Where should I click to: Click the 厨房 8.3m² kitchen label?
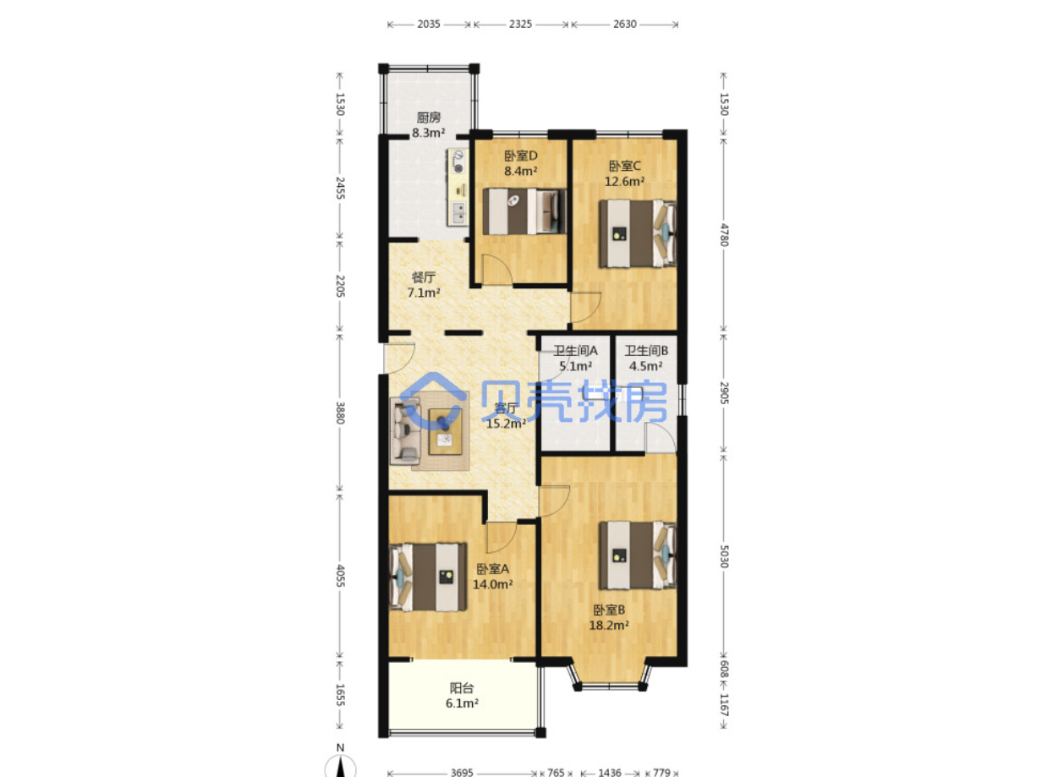(x=429, y=125)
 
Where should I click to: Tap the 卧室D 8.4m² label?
(x=521, y=163)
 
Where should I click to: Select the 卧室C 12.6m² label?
(x=625, y=174)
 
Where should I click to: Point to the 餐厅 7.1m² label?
(x=424, y=285)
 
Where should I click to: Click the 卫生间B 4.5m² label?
(x=646, y=358)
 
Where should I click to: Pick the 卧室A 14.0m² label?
(x=492, y=577)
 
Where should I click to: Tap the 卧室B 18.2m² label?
(x=609, y=617)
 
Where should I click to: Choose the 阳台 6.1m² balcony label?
(x=462, y=695)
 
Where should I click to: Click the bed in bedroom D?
(x=524, y=211)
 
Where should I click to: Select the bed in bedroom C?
(x=638, y=233)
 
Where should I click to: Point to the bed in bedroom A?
(x=427, y=577)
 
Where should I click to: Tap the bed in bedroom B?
(x=638, y=555)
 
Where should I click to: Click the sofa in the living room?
(x=405, y=430)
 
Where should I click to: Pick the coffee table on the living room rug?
(x=445, y=431)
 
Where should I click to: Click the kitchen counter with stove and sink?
(x=458, y=187)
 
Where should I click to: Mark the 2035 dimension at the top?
(x=429, y=25)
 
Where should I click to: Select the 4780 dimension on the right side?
(x=723, y=234)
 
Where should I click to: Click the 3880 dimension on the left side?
(x=340, y=413)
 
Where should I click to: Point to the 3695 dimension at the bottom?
(x=462, y=772)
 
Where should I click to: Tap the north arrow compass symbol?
(x=340, y=763)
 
